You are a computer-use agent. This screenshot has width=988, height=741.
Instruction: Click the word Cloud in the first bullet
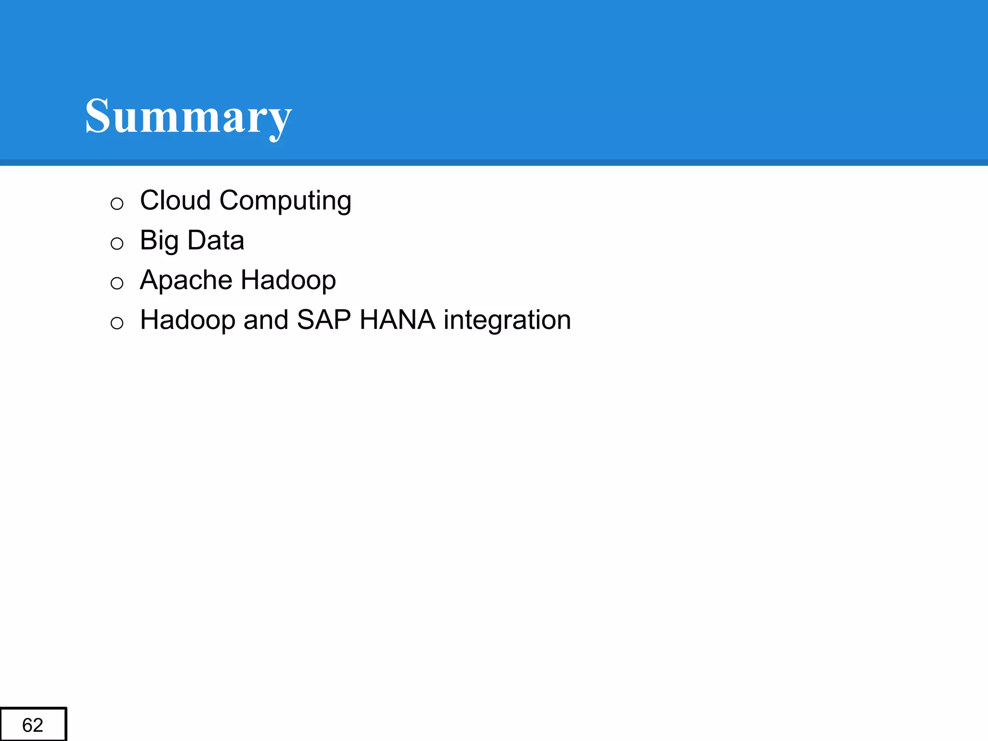[175, 200]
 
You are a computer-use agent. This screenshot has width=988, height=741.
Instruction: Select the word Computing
[285, 201]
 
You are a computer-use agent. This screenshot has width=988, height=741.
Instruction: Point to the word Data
[216, 240]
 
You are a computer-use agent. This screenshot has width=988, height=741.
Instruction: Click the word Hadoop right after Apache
[288, 280]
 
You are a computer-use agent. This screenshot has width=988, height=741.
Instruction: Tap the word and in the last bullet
[266, 320]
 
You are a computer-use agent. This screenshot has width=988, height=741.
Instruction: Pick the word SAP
[324, 320]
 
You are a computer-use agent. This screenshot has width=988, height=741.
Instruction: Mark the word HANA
[397, 320]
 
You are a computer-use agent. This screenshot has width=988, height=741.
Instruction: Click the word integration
[507, 321]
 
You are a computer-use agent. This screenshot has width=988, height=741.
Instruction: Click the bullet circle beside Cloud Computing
[117, 204]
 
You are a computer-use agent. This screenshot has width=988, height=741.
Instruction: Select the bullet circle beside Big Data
[117, 243]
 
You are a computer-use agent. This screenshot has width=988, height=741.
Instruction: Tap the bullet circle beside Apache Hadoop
[117, 283]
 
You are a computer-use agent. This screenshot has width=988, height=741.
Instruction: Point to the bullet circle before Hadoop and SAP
[117, 323]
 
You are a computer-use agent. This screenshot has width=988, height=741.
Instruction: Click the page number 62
[33, 725]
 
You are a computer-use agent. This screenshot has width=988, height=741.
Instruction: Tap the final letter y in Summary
[280, 122]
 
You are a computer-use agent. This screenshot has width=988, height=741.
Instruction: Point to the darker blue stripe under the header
[494, 163]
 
